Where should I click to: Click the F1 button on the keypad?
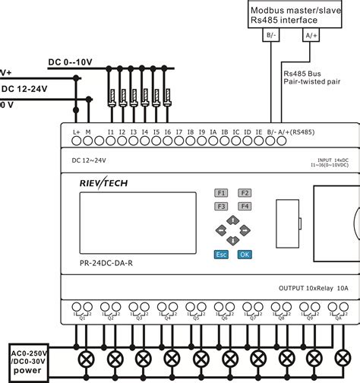[x=221, y=192]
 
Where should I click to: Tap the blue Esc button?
[x=221, y=255]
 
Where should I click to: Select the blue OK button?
[x=244, y=255]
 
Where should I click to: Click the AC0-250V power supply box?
[x=28, y=358]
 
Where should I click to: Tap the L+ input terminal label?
[x=77, y=131]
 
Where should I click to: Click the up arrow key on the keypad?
[x=233, y=218]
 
